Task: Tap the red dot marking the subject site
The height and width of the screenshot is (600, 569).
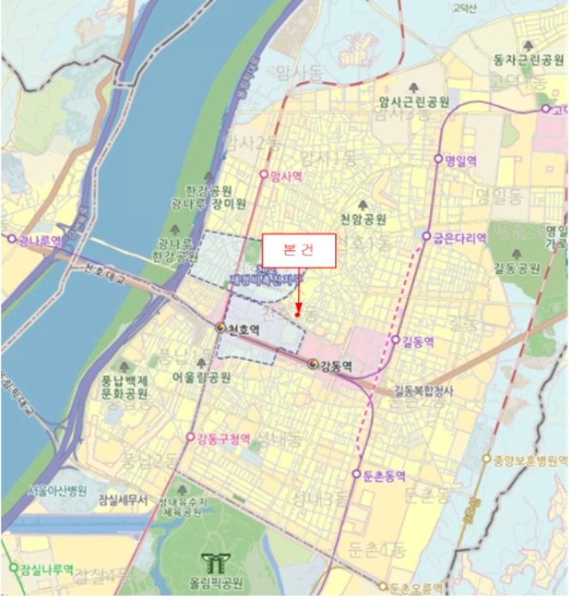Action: click(297, 315)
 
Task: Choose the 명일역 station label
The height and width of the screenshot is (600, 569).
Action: click(460, 160)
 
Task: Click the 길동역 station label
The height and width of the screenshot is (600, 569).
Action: click(418, 341)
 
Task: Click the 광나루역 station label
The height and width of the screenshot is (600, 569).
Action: click(39, 240)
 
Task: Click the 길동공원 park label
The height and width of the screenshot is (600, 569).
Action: click(517, 268)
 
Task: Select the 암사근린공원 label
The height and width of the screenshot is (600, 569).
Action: click(415, 102)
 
